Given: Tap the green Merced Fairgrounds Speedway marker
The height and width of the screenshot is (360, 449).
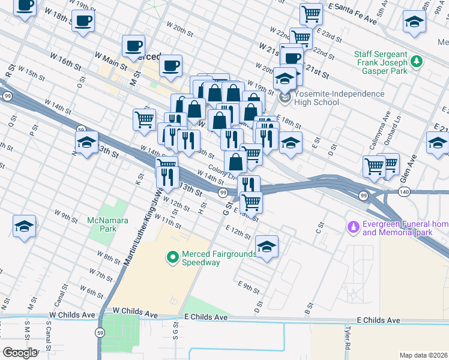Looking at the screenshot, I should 173,257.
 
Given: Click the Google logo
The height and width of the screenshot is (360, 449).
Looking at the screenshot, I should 20,353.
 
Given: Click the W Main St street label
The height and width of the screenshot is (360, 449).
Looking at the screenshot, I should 112,58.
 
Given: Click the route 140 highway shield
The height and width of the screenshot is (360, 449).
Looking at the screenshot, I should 403,191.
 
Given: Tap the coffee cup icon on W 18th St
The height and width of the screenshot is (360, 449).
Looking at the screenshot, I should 83,22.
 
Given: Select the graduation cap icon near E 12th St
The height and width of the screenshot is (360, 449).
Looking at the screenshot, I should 267,245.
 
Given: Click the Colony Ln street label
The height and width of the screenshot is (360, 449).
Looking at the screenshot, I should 220,170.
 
